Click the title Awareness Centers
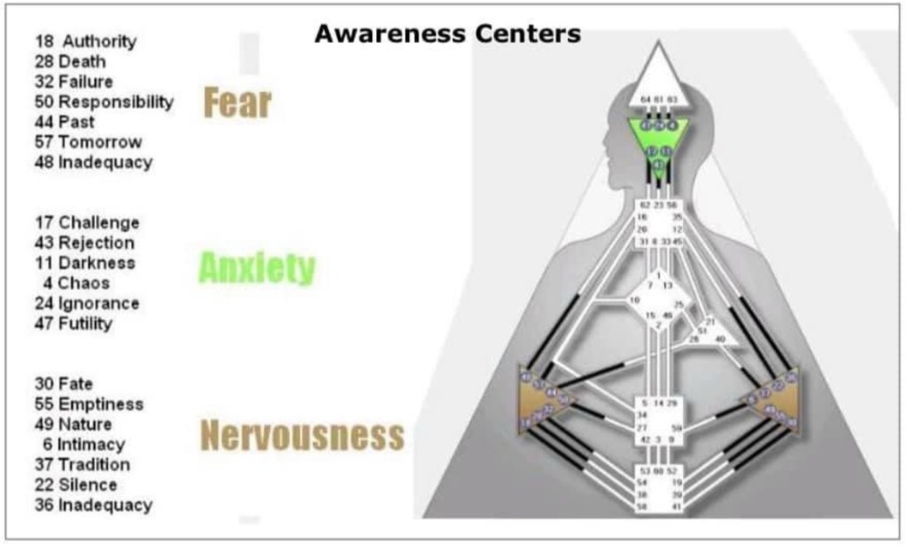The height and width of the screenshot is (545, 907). coord(447,35)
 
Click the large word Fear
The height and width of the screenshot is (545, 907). coord(237,103)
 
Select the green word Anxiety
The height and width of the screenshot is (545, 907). coord(257,267)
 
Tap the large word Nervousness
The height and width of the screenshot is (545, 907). coord(302,435)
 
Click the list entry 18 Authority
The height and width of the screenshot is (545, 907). coord(86,41)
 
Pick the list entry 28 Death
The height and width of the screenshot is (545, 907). coord(70,61)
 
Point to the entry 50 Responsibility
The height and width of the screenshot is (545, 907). coord(105,101)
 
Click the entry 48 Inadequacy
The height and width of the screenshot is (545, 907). coord(94,162)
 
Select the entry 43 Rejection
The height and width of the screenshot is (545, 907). coord(85,243)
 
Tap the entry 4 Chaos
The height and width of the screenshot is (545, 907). coord(76,284)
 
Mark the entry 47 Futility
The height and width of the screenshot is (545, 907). coord(74,323)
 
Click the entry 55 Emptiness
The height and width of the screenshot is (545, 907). coord(89,404)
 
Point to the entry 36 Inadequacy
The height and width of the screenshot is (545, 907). coord(94,505)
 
